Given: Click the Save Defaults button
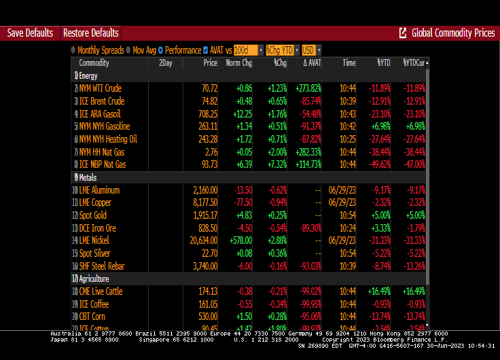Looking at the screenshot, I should (30, 33).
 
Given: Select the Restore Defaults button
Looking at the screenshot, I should (90, 33).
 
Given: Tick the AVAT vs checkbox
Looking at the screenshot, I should (205, 50).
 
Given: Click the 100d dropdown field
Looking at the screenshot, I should (248, 50).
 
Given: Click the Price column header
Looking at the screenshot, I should (210, 63).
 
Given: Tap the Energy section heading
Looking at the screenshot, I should (88, 75).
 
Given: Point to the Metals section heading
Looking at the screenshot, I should (88, 177).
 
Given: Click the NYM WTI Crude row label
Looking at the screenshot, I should (100, 88).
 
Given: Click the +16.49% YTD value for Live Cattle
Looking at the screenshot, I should (378, 291).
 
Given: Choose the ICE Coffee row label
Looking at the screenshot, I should (95, 304).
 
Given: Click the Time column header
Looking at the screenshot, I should (349, 63).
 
